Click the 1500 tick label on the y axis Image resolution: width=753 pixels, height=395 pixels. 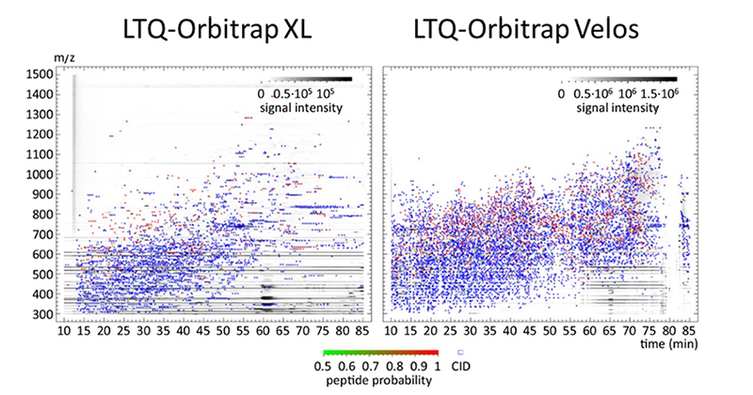[x=40, y=74]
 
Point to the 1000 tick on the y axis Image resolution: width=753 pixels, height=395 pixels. [x=40, y=174]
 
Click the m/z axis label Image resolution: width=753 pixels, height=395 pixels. [x=64, y=59]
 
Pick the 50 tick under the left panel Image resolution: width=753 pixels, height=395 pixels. [x=221, y=330]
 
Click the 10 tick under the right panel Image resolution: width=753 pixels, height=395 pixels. [x=393, y=330]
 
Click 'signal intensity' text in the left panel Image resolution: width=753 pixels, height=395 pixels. [x=302, y=109]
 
